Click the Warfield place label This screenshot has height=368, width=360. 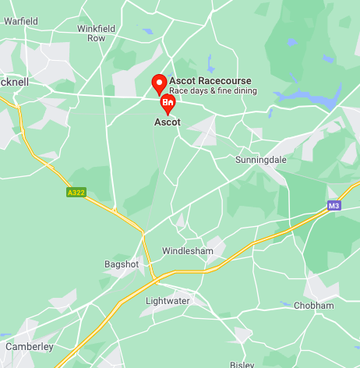tap(20, 21)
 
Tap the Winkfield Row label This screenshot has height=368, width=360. tap(96, 33)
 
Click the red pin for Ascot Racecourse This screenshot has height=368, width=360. tap(158, 83)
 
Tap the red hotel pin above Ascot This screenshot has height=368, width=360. tap(168, 104)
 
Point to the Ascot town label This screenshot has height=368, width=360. tap(167, 122)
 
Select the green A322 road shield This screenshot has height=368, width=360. tap(76, 191)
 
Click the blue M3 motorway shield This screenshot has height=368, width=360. tap(334, 205)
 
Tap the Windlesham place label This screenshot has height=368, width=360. tap(186, 251)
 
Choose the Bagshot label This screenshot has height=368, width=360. tap(121, 264)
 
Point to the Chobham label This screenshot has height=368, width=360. tap(313, 306)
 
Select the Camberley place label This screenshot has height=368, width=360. tap(30, 346)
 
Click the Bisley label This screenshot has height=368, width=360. tap(242, 364)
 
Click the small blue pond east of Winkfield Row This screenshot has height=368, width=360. tap(148, 31)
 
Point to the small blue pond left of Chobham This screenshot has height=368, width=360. tap(284, 304)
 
